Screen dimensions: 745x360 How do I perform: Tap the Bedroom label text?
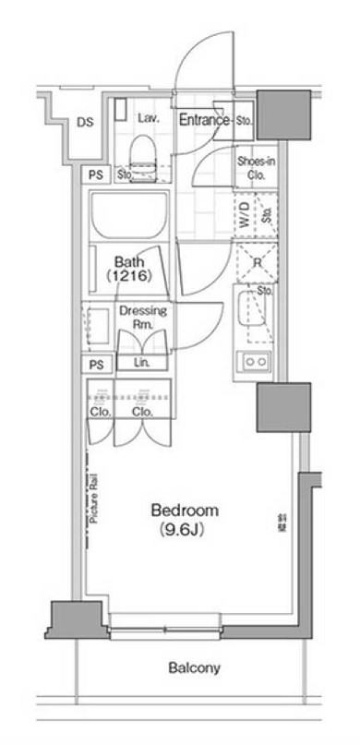(x=185, y=511)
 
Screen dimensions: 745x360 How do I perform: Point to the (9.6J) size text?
(x=185, y=529)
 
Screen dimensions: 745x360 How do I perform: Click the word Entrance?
(x=204, y=119)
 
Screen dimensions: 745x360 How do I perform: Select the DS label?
(x=85, y=122)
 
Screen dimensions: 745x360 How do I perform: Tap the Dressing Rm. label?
(x=142, y=318)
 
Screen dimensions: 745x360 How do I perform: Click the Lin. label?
(x=142, y=362)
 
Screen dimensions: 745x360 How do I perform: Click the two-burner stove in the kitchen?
(x=254, y=361)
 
